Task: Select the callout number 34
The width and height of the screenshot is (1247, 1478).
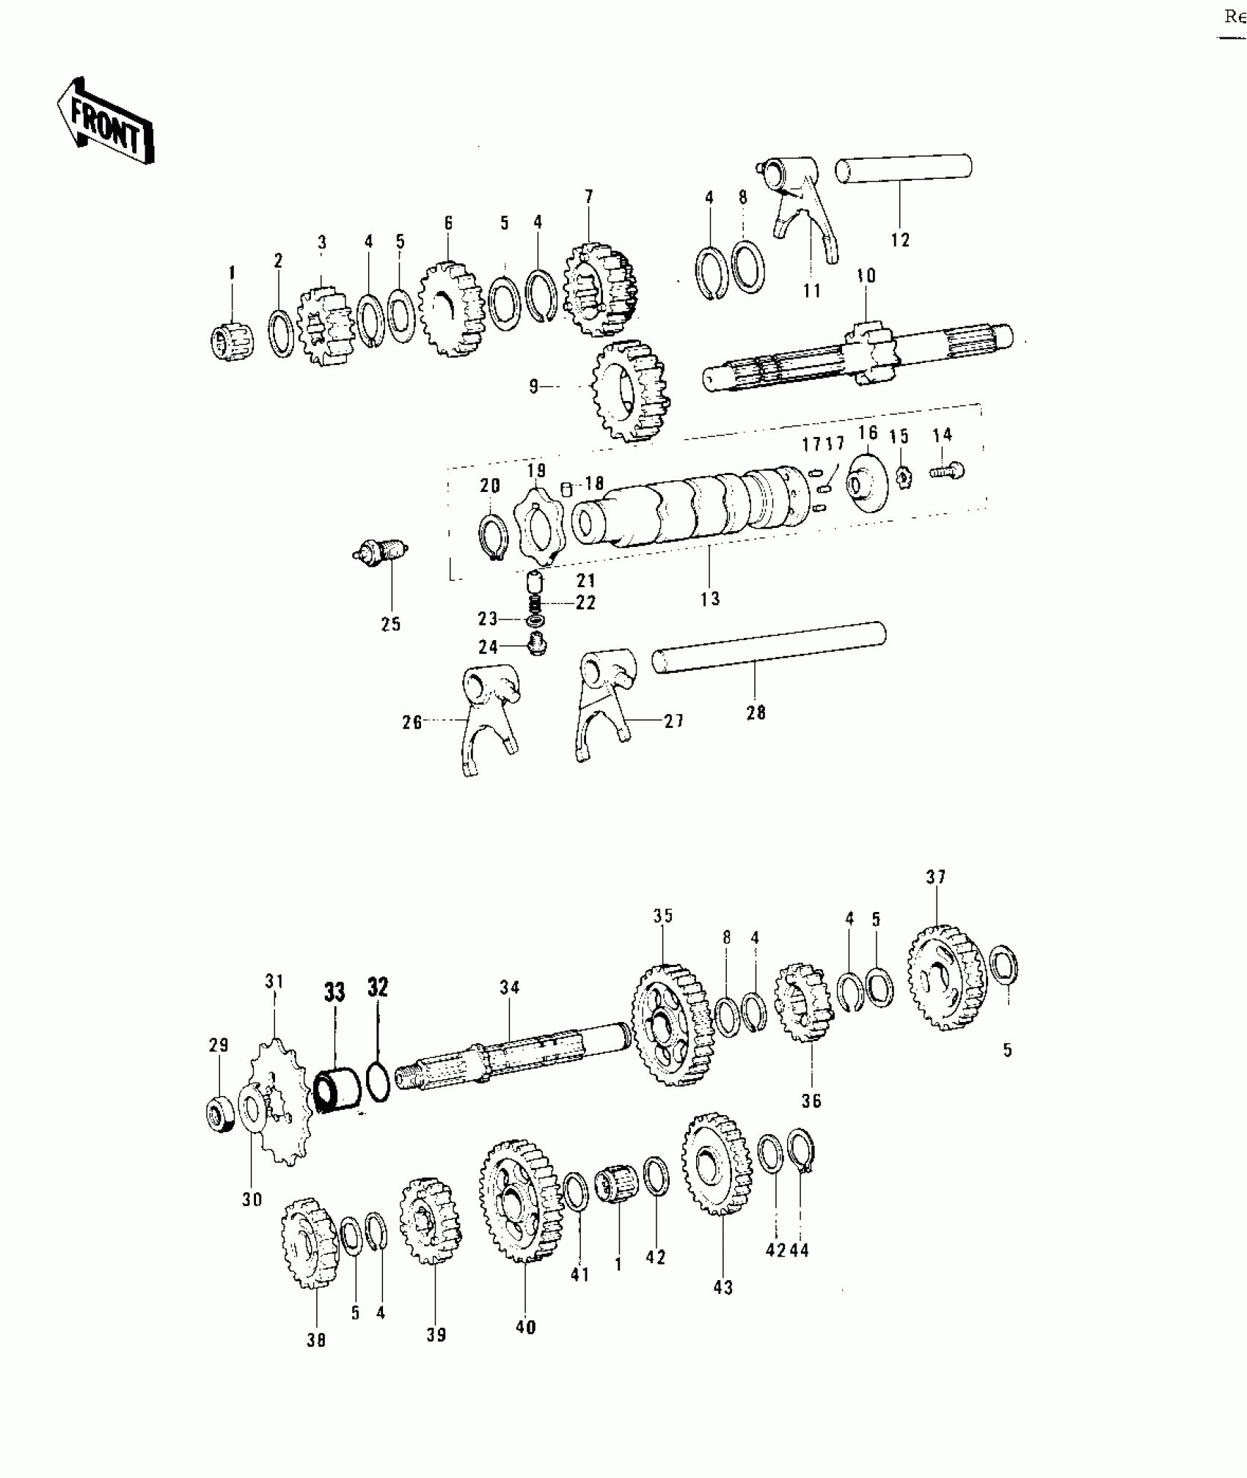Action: (x=510, y=988)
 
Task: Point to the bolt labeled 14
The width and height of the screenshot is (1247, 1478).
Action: (x=948, y=470)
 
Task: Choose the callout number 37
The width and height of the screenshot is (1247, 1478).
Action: (x=935, y=876)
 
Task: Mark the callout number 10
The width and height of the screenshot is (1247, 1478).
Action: (x=866, y=276)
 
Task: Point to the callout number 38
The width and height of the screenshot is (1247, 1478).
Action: (x=315, y=1339)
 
